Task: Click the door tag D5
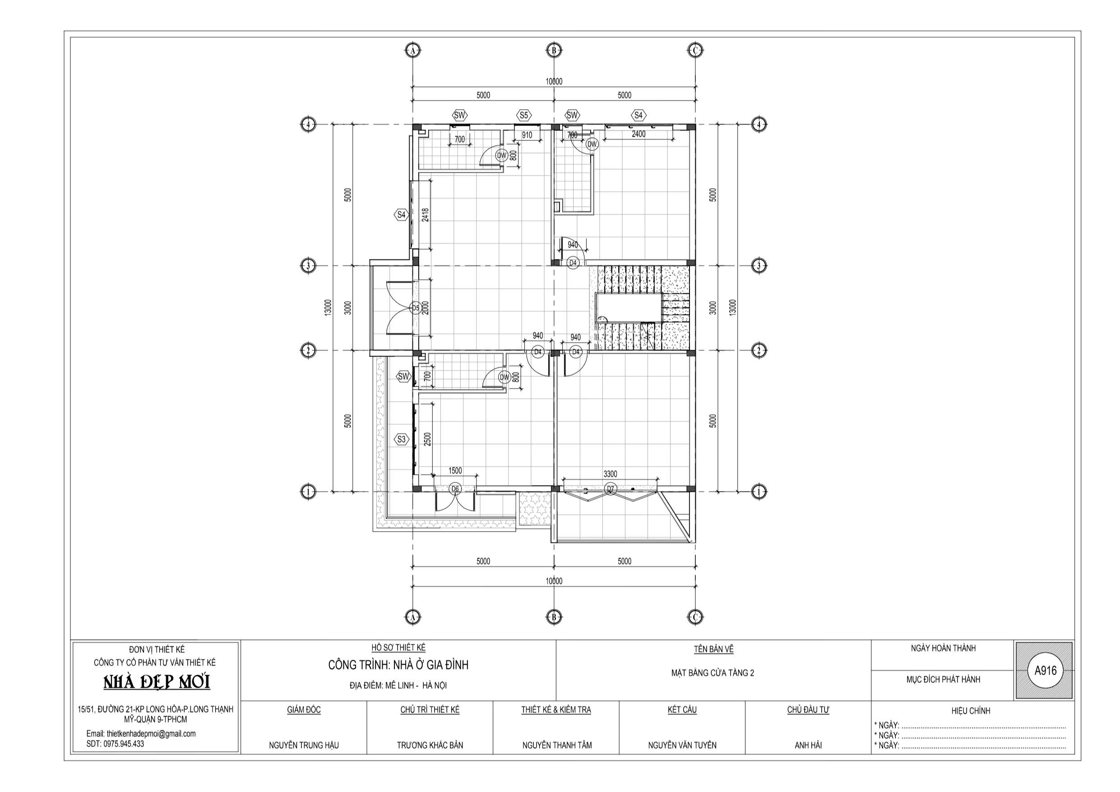pyautogui.click(x=416, y=308)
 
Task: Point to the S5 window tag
pyautogui.click(x=523, y=116)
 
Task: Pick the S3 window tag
pyautogui.click(x=401, y=439)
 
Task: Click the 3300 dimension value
pyautogui.click(x=610, y=474)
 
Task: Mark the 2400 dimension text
pyautogui.click(x=639, y=134)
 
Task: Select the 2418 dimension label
pyautogui.click(x=426, y=215)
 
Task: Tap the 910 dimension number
pyautogui.click(x=527, y=134)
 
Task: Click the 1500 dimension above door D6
pyautogui.click(x=455, y=470)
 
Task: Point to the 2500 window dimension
pyautogui.click(x=427, y=440)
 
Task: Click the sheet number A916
pyautogui.click(x=1046, y=671)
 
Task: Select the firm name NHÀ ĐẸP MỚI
pyautogui.click(x=157, y=682)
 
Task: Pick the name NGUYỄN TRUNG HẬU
pyautogui.click(x=304, y=745)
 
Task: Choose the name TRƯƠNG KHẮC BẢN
pyautogui.click(x=430, y=745)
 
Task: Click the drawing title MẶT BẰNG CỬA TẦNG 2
pyautogui.click(x=713, y=673)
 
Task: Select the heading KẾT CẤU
pyautogui.click(x=682, y=709)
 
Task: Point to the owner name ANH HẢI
pyautogui.click(x=808, y=745)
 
